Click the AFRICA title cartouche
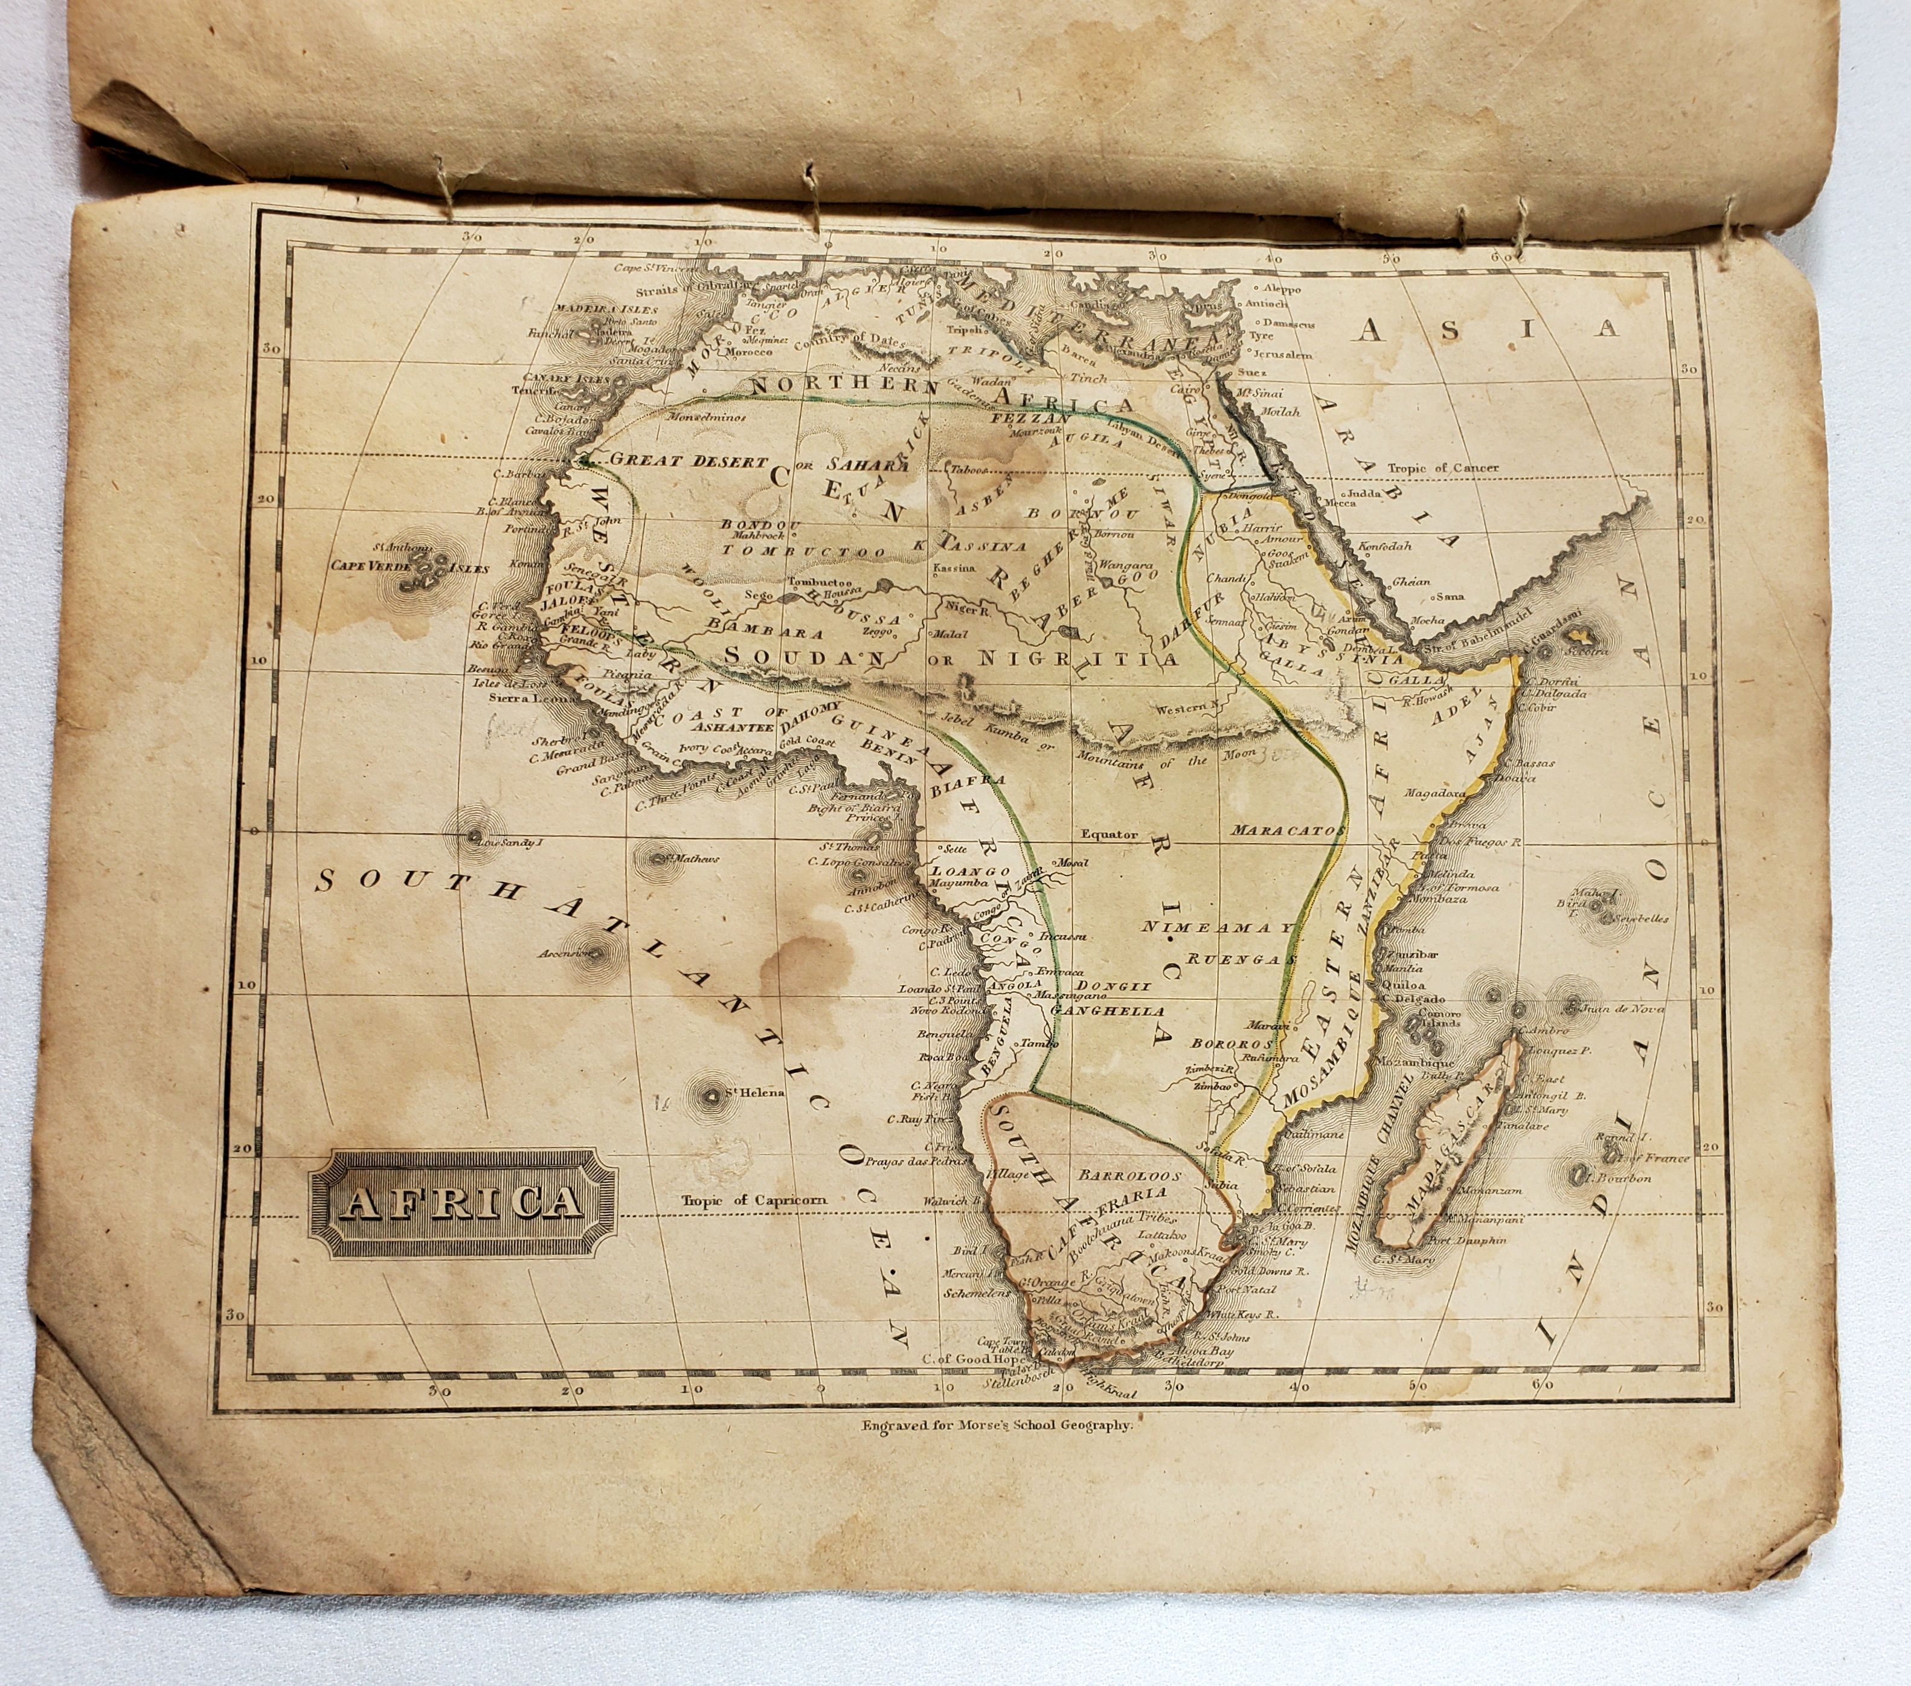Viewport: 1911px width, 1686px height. coord(463,1203)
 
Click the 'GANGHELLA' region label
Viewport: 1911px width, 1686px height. coord(1108,1011)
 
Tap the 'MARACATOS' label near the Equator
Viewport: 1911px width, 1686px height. coord(1288,829)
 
